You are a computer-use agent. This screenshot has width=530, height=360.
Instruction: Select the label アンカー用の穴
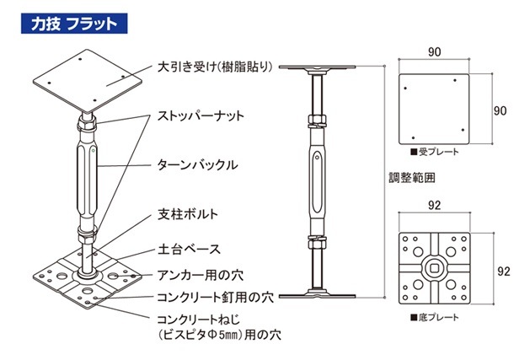[x=199, y=273]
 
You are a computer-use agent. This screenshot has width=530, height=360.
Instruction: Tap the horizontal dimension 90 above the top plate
[x=434, y=52]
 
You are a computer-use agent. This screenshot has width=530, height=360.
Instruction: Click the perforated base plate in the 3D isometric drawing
[x=85, y=283]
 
